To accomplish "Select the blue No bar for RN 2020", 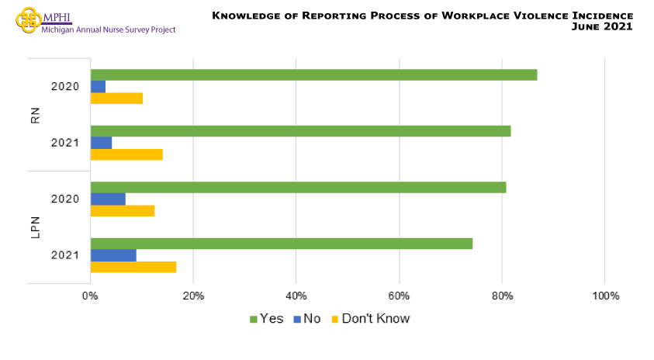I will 98,86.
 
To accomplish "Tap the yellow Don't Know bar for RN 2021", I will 126,154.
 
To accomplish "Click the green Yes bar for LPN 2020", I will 298,187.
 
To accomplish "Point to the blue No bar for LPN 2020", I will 108,199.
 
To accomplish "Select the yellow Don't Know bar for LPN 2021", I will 133,267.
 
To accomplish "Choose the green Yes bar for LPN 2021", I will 282,244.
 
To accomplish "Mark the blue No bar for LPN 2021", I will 113,255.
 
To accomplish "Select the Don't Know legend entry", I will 370,319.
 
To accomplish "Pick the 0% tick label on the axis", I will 90,296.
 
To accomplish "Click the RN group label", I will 36,115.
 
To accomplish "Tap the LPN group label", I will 36,227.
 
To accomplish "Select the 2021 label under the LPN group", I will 64,255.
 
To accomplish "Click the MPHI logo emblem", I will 29,19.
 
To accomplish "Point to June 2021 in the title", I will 601,26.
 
